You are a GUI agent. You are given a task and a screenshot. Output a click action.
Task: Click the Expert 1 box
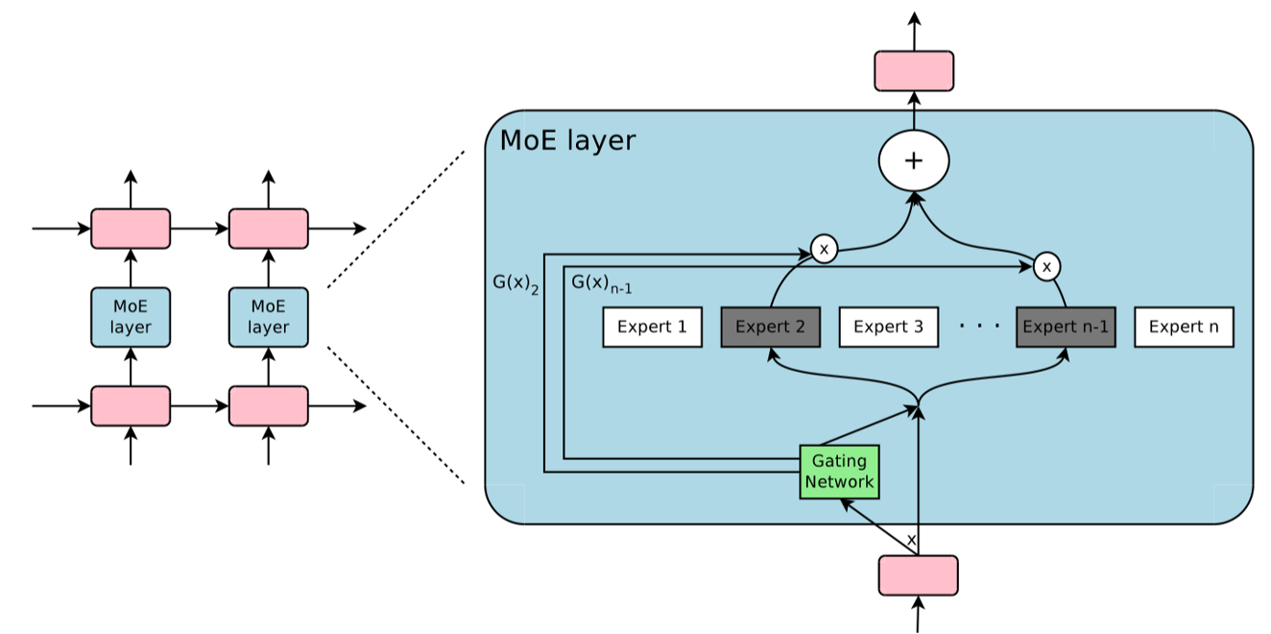[652, 328]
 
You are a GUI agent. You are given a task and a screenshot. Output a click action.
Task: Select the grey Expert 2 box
[770, 328]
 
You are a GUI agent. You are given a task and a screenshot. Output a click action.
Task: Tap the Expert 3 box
[888, 328]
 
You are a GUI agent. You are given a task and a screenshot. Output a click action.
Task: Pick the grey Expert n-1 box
[1066, 328]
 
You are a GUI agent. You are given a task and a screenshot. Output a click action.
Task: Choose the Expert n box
[1184, 328]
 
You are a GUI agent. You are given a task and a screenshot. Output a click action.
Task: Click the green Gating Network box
[839, 472]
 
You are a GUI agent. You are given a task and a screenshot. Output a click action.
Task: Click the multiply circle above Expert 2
[824, 250]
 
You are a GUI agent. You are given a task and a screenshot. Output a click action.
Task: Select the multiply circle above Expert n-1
[1047, 266]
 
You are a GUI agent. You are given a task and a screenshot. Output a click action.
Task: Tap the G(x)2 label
[516, 284]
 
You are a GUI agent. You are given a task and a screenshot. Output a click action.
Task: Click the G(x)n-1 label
[601, 284]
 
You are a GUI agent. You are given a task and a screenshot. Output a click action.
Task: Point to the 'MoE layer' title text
[567, 141]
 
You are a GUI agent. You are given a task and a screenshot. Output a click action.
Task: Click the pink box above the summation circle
[914, 71]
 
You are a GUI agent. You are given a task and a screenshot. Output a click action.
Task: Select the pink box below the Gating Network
[919, 575]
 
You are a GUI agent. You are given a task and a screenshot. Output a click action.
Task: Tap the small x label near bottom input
[911, 541]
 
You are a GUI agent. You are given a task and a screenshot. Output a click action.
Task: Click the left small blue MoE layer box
[131, 317]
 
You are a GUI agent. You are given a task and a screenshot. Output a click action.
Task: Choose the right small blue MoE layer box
[268, 317]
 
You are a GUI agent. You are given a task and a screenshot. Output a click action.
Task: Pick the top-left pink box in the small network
[131, 229]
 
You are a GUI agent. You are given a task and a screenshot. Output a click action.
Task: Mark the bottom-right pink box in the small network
[268, 406]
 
